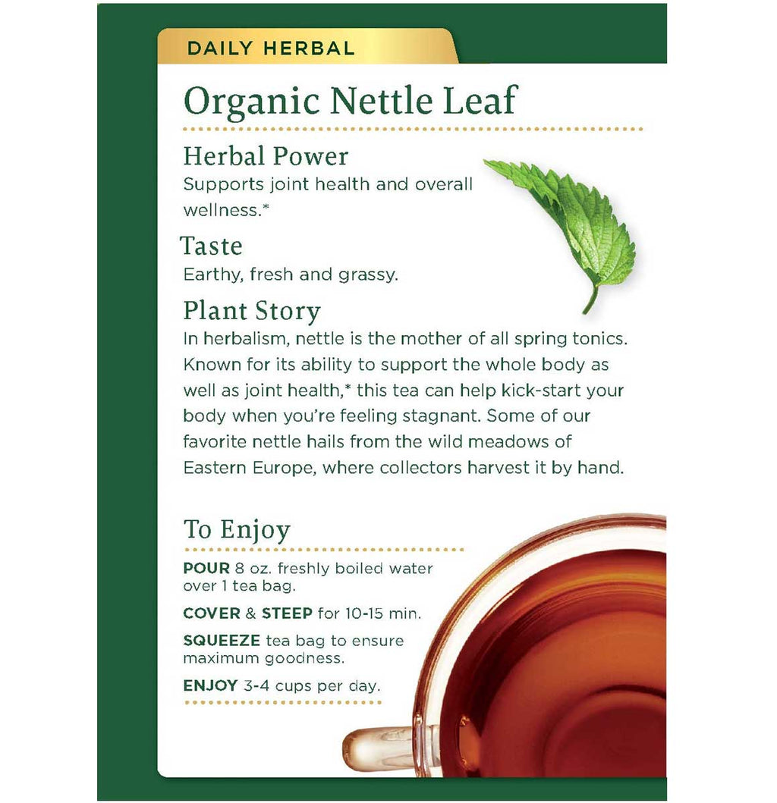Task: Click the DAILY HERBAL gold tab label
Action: point(271,48)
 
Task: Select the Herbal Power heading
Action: point(266,156)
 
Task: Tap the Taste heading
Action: point(211,246)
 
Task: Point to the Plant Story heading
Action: point(252,312)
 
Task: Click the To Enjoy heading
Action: point(237,530)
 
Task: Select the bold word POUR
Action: point(206,569)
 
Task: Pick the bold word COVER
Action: point(212,613)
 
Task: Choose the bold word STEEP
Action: point(287,613)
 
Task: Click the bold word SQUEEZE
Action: point(222,641)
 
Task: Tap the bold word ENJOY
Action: point(210,685)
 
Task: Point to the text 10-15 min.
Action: point(383,613)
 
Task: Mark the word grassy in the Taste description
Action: point(367,275)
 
